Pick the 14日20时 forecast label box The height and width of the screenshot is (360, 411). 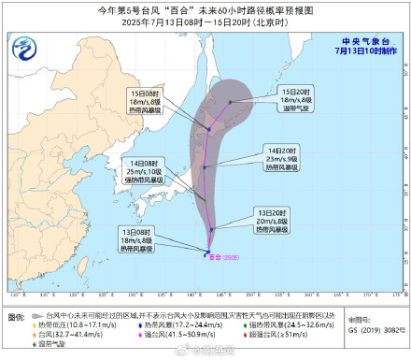pos(280,158)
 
